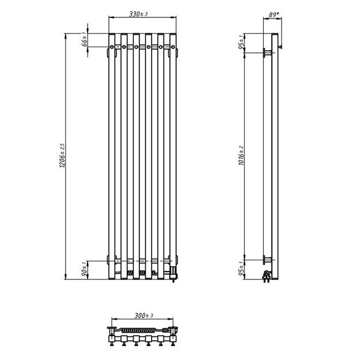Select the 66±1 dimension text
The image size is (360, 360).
pyautogui.click(x=85, y=40)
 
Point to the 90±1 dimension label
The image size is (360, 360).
pyautogui.click(x=85, y=269)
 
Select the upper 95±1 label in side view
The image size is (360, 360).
pyautogui.click(x=242, y=43)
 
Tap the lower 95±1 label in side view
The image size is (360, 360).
pyautogui.click(x=242, y=269)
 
